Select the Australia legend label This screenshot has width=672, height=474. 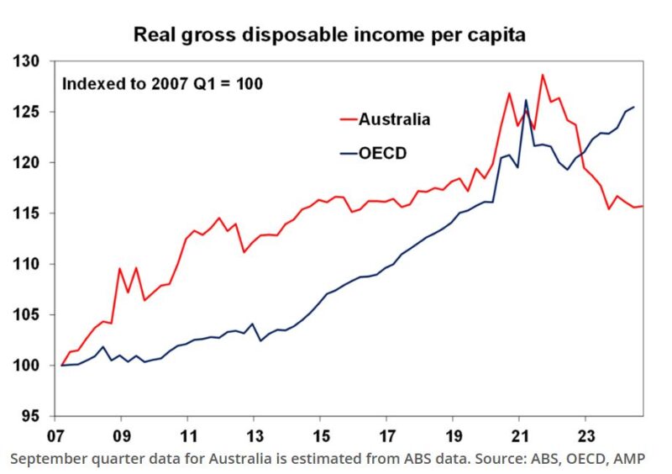(x=394, y=119)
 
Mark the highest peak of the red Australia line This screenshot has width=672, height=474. (x=543, y=75)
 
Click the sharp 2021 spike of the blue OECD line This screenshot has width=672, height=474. (x=526, y=100)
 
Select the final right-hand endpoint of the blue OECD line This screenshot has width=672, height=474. (x=633, y=108)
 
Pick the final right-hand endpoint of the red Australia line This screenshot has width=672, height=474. (x=643, y=207)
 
